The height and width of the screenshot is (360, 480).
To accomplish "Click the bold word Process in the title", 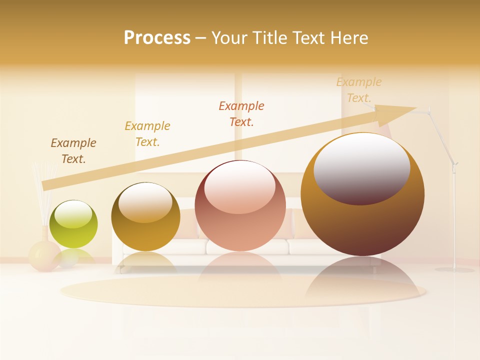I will click(x=157, y=38).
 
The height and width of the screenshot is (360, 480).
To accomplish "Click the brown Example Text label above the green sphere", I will click(x=73, y=151).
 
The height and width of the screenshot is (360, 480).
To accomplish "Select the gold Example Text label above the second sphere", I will click(x=147, y=134).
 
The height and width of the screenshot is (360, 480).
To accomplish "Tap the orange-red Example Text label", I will click(x=241, y=114).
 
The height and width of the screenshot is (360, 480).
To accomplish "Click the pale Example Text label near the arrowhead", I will click(x=359, y=90).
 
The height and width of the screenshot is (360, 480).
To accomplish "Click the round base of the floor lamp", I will click(x=454, y=270).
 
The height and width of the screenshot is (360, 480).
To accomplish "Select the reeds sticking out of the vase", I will click(x=43, y=192).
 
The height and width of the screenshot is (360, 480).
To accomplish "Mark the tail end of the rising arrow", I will click(x=46, y=185).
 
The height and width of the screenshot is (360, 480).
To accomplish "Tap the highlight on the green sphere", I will click(x=73, y=214).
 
